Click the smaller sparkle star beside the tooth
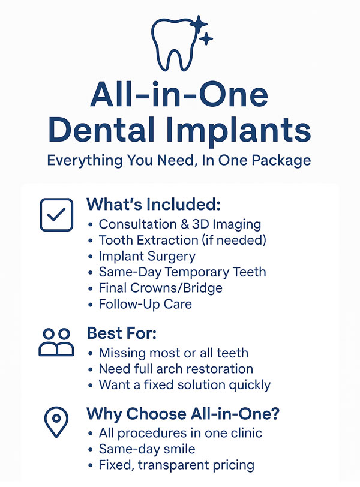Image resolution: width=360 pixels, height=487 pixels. click(x=206, y=39)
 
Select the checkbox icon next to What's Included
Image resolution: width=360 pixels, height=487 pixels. click(x=56, y=215)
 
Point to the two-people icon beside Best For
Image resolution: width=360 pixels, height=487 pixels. click(x=56, y=342)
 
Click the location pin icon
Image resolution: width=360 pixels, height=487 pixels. click(x=56, y=422)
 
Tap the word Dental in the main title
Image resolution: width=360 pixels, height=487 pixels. click(x=101, y=128)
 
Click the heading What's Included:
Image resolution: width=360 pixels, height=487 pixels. click(x=154, y=204)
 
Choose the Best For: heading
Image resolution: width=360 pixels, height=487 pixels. click(x=121, y=333)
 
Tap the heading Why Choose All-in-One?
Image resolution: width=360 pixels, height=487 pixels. click(x=183, y=414)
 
